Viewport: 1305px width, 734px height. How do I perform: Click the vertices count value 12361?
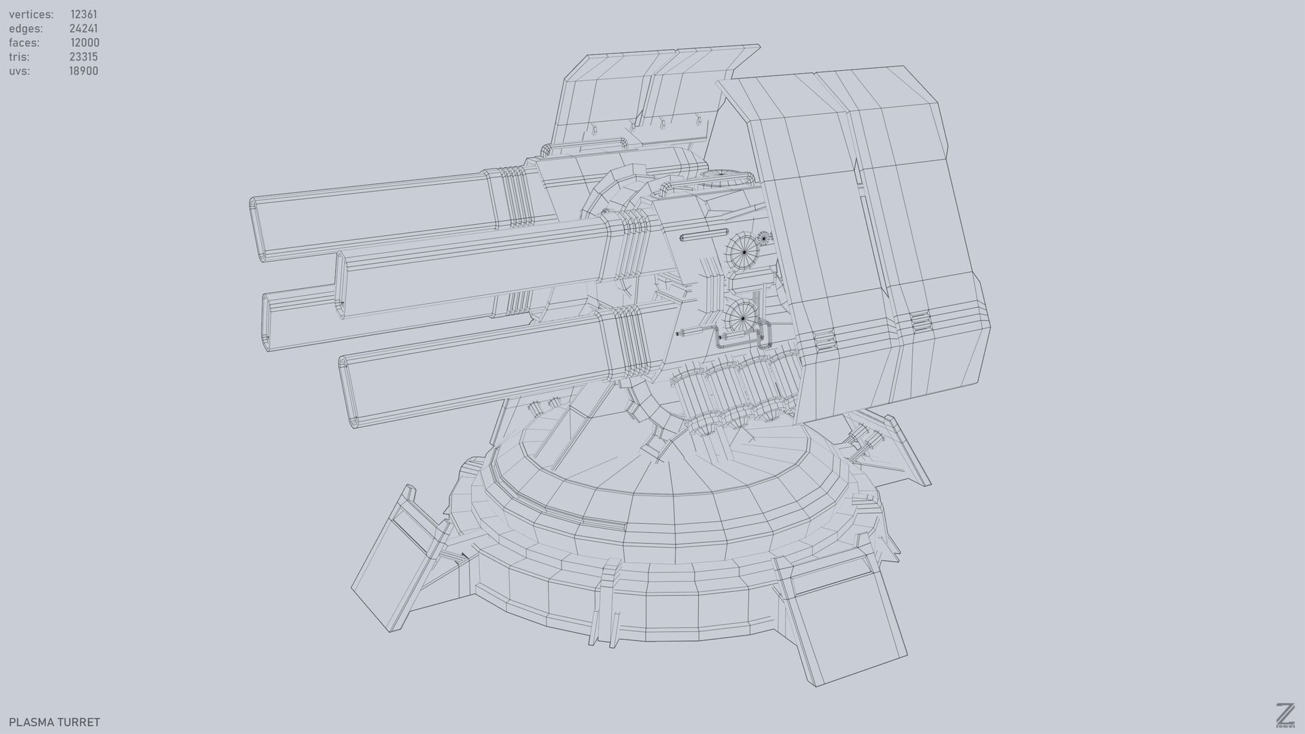point(84,14)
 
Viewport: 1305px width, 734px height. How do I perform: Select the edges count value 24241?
point(84,29)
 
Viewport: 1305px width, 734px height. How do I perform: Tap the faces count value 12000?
point(85,43)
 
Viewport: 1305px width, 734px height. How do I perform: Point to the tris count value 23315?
point(84,57)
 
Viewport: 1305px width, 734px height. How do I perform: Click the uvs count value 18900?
point(84,71)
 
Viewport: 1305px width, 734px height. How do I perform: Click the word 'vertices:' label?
point(31,14)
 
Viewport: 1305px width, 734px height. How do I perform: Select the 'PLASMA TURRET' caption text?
point(54,722)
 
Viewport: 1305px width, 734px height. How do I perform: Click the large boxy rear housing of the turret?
point(870,238)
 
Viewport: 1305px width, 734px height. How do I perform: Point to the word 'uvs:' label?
point(20,71)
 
